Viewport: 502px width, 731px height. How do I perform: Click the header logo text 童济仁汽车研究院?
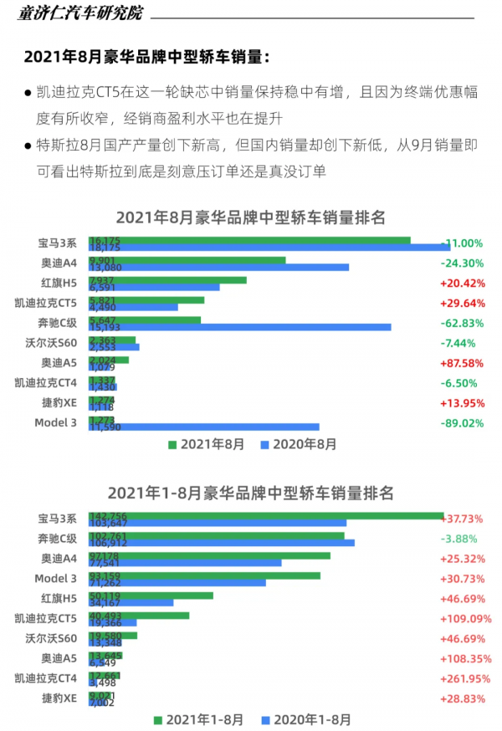[80, 13]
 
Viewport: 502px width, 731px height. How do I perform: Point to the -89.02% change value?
[462, 423]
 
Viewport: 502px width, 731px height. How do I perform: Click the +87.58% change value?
[462, 363]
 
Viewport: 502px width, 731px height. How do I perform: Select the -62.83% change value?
[462, 323]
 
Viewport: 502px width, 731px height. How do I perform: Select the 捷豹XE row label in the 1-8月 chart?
[59, 698]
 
